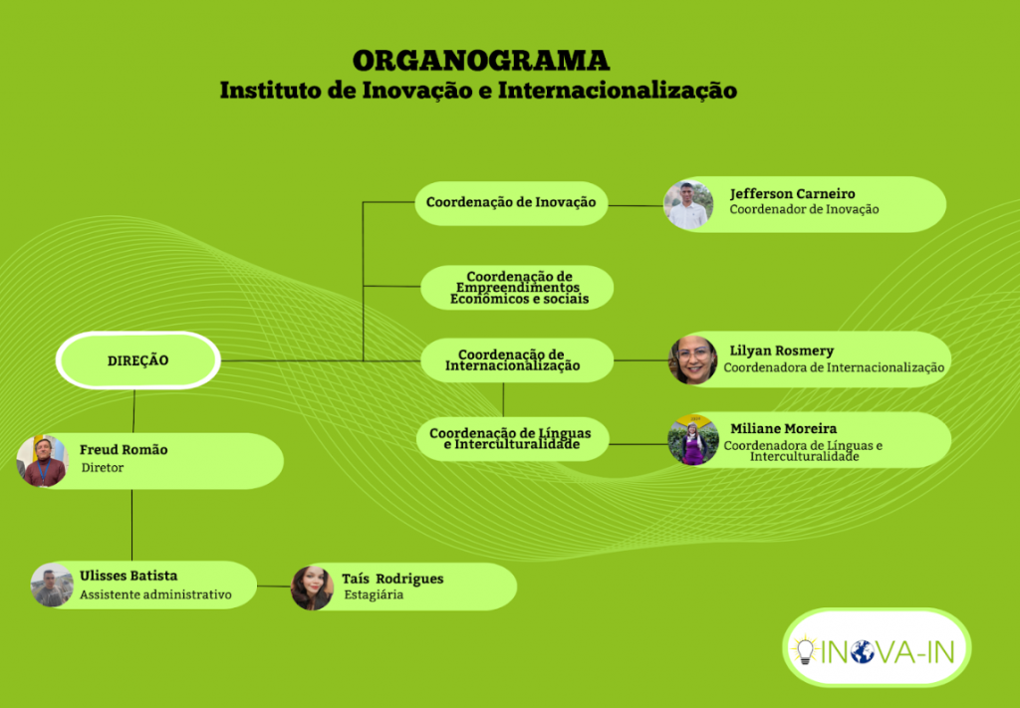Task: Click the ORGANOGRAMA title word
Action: tap(481, 61)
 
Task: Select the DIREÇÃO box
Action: tap(137, 360)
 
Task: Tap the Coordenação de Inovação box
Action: tap(511, 203)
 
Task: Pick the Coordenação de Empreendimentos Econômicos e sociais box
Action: tap(517, 288)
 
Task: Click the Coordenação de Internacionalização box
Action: tap(517, 360)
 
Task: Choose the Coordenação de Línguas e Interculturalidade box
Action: tap(513, 439)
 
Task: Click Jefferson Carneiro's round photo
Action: tap(688, 205)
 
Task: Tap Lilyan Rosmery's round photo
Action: tap(693, 359)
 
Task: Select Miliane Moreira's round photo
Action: tap(693, 440)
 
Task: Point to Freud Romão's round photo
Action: tap(42, 461)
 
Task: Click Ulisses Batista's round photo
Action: tap(52, 586)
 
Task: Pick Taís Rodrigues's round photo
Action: tap(312, 588)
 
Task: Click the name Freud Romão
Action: tap(124, 450)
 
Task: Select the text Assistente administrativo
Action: tap(155, 594)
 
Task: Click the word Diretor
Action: tap(103, 467)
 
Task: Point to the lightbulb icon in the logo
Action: tap(805, 649)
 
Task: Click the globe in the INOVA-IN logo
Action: tap(863, 651)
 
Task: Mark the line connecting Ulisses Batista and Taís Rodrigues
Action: tap(274, 586)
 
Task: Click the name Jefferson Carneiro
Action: tap(792, 194)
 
